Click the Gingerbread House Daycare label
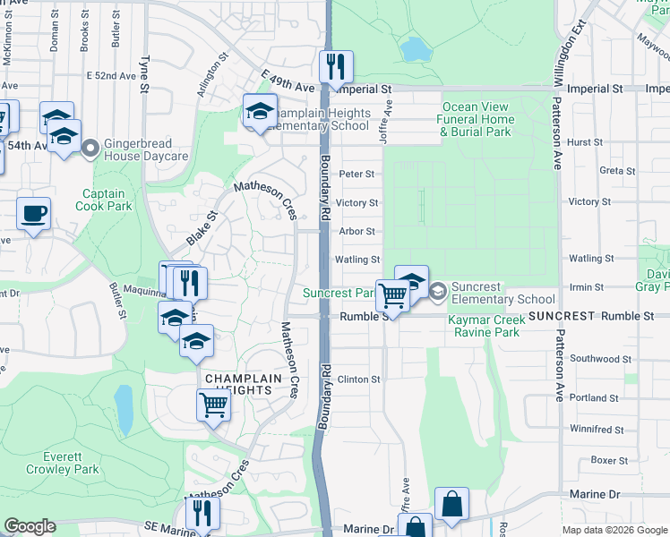(x=146, y=149)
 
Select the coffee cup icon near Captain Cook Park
(x=34, y=214)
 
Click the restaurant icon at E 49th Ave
(x=336, y=66)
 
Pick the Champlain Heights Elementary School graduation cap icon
(x=260, y=111)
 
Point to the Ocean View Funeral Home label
(x=477, y=119)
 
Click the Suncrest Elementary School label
(x=502, y=293)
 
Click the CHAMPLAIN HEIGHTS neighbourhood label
(x=238, y=385)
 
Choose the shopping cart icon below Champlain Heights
(x=214, y=405)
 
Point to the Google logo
(x=29, y=526)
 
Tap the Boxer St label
(x=609, y=460)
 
